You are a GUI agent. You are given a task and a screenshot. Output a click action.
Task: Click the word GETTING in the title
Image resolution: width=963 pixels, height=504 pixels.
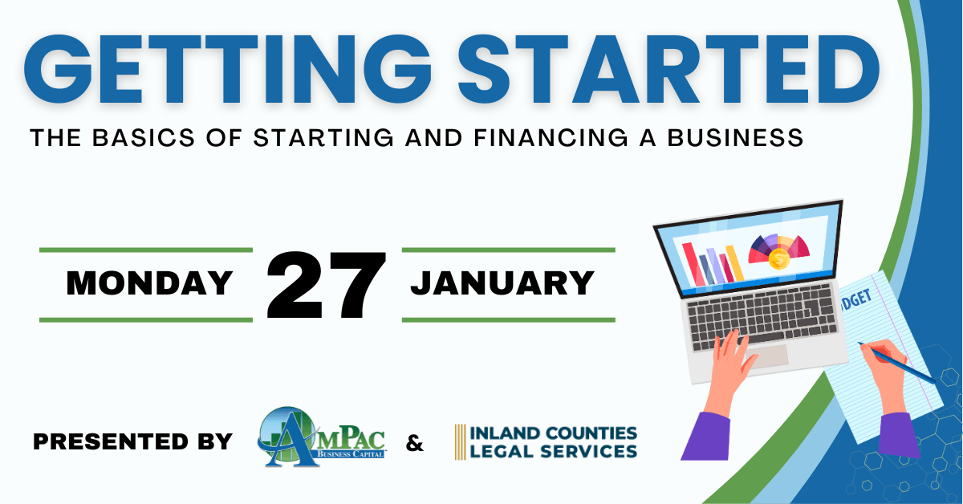point(228,70)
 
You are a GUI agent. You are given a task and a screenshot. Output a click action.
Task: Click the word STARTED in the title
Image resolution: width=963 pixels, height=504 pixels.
point(669,70)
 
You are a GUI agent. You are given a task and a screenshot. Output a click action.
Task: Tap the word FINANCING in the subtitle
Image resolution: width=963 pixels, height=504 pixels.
point(551,138)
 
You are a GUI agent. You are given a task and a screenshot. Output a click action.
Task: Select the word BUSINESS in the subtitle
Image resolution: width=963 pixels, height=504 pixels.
point(735,138)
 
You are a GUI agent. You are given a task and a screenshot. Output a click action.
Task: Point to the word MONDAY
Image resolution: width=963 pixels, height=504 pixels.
point(149,283)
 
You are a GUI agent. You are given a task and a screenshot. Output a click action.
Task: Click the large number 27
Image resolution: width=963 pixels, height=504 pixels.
point(327,285)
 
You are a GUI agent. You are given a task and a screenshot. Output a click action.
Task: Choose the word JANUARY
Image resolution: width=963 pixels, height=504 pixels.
point(502,283)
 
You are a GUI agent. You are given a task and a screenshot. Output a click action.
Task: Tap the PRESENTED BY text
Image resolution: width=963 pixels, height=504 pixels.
point(133,441)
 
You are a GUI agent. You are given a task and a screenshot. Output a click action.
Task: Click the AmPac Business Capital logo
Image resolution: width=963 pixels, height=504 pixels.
point(322,437)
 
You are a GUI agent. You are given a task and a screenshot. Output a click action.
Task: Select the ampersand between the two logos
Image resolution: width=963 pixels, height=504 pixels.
point(414,443)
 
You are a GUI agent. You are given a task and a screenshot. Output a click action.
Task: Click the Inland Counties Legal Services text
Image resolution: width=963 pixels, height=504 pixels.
point(554,442)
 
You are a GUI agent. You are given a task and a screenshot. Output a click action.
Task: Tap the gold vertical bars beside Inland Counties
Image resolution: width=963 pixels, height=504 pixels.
point(460,442)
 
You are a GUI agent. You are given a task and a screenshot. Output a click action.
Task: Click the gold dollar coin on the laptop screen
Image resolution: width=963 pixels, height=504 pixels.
point(779,259)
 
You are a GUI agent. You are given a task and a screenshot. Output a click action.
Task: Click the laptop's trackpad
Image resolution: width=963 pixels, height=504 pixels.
point(767,357)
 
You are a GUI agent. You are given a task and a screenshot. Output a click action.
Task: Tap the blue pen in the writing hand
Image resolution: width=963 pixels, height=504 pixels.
point(896,363)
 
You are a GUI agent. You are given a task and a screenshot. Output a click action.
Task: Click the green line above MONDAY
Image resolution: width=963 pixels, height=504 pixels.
point(146,250)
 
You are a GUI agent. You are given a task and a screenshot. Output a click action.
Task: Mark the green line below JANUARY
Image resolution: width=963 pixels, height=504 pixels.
point(509,320)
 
